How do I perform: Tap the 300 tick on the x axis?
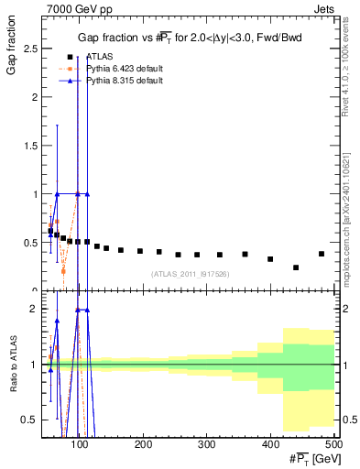(206, 445)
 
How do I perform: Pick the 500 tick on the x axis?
(333, 445)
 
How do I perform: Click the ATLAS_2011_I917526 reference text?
(190, 274)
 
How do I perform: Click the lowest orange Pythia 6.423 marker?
(63, 271)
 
